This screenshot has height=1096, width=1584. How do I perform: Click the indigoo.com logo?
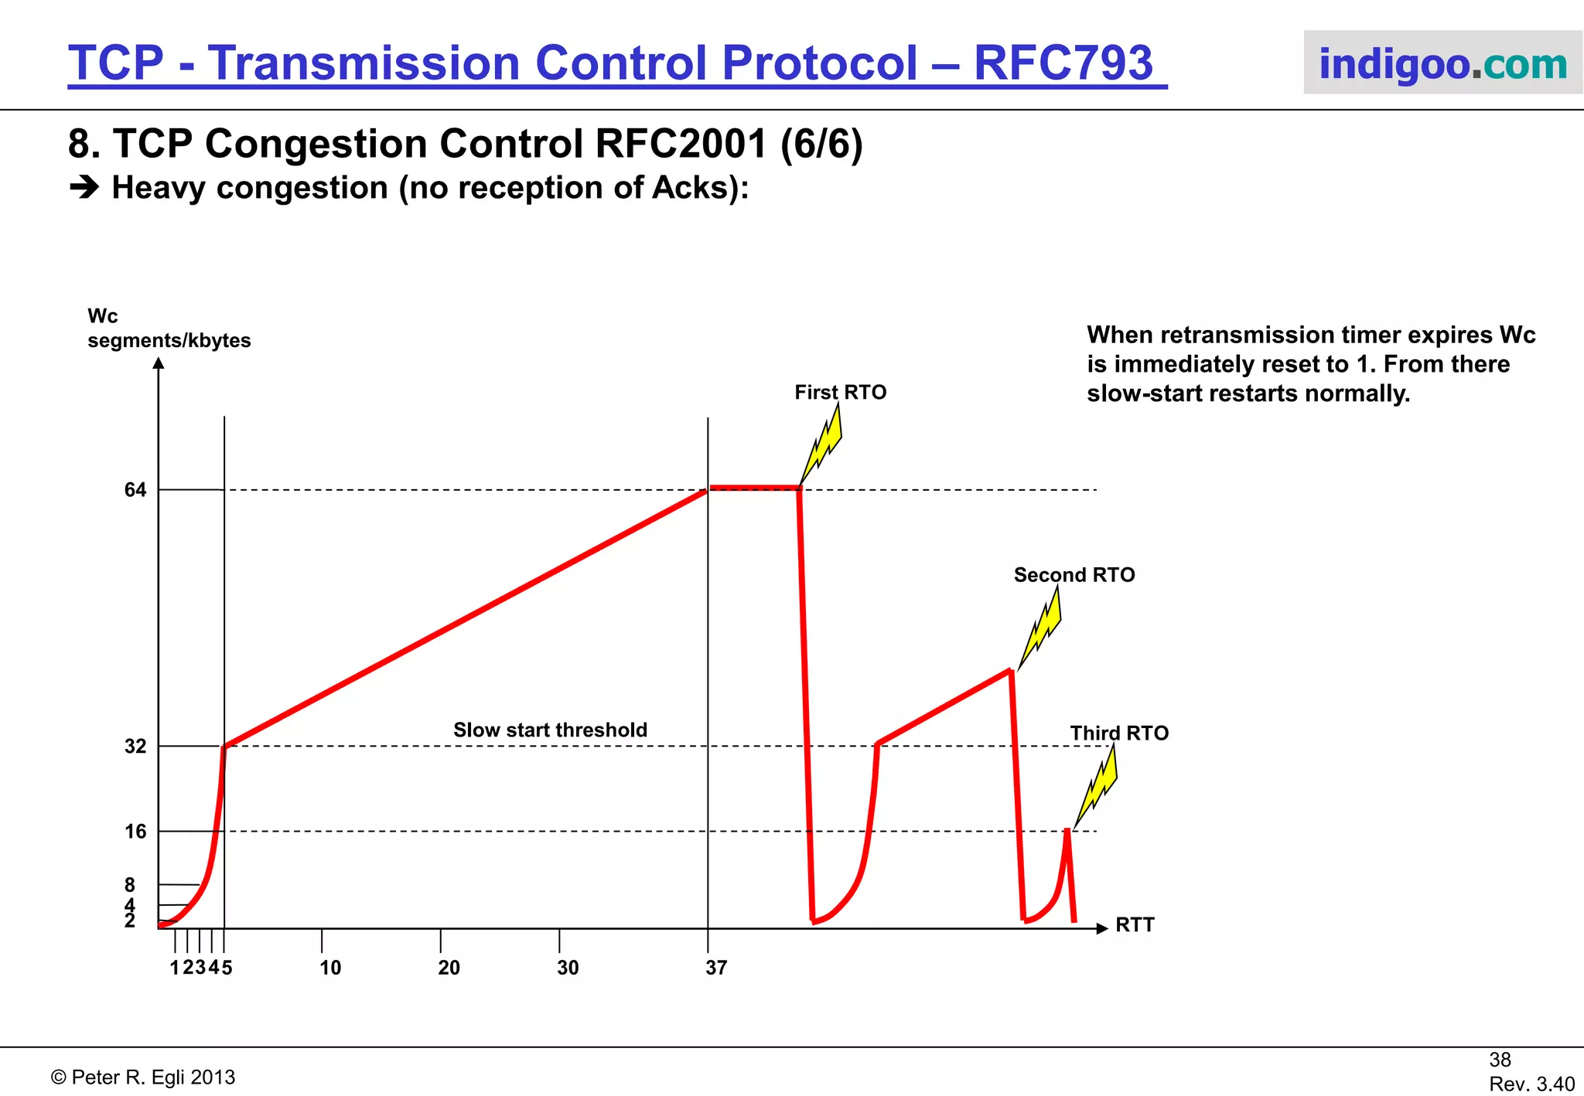1442,63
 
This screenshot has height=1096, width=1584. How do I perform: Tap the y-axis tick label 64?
135,490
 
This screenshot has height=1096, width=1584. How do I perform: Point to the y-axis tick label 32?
135,747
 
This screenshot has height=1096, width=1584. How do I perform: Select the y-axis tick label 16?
135,832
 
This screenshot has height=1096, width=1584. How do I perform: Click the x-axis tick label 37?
716,968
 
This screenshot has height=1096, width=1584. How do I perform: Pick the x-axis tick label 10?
330,968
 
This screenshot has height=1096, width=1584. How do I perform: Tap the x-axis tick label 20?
449,968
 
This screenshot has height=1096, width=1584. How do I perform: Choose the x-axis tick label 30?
568,968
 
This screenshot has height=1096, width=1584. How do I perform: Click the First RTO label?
841,393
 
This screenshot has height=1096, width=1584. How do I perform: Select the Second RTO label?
1074,575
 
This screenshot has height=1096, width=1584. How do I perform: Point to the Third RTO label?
1119,733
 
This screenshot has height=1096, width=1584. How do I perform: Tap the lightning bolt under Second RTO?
1042,628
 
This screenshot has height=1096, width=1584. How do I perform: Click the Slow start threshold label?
550,730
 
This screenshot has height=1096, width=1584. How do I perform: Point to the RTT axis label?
1135,925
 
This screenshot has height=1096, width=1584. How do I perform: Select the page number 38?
1500,1060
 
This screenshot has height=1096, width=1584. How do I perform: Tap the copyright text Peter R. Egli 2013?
143,1077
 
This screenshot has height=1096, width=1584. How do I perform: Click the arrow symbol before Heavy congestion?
84,188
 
